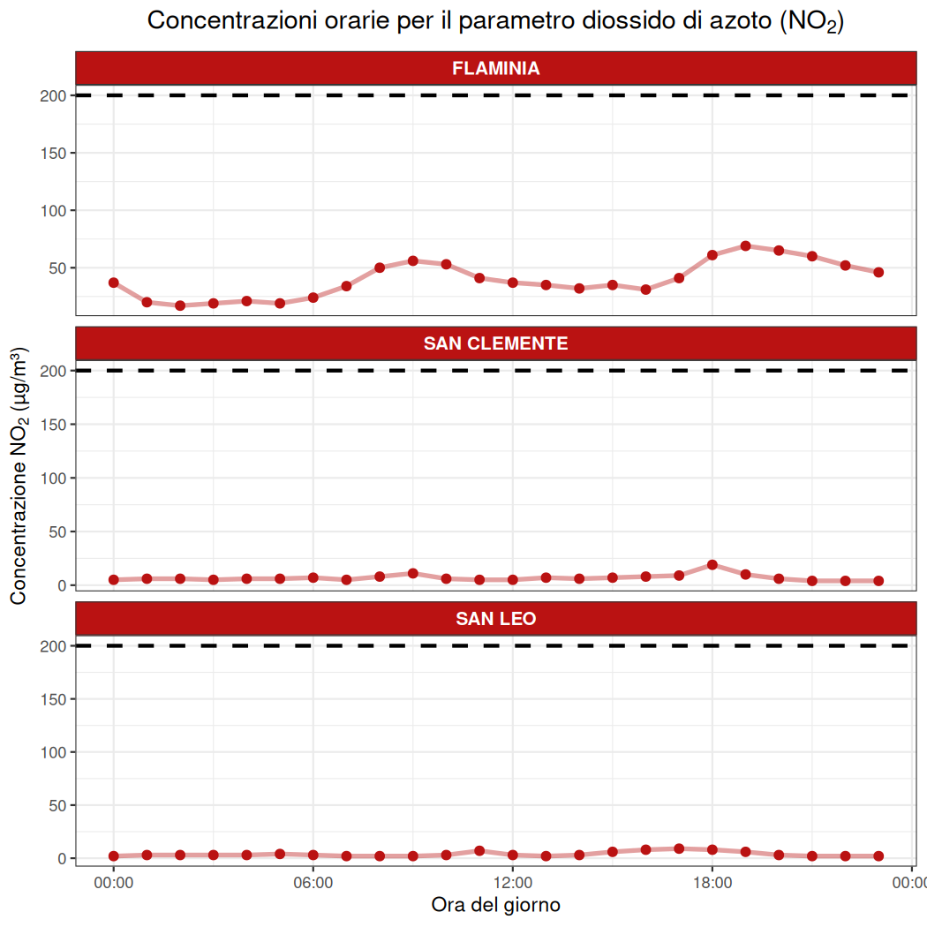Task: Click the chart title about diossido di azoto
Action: [495, 21]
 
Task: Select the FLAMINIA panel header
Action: [495, 68]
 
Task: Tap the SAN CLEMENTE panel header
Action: [495, 343]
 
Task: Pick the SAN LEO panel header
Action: [495, 619]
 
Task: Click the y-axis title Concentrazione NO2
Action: [19, 477]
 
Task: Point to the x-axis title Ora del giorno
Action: [495, 905]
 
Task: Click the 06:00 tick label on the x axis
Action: [313, 881]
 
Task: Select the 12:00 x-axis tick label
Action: [513, 881]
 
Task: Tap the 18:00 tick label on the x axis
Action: [712, 881]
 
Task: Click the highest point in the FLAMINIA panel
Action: [745, 245]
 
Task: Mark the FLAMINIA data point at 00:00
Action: [114, 283]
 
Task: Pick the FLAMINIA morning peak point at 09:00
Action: [412, 260]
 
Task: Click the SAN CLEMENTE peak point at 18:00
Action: [712, 564]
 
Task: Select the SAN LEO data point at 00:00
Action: [114, 855]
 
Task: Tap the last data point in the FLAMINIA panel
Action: [878, 272]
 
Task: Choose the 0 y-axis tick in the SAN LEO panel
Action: [60, 858]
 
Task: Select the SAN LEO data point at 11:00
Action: [479, 851]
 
